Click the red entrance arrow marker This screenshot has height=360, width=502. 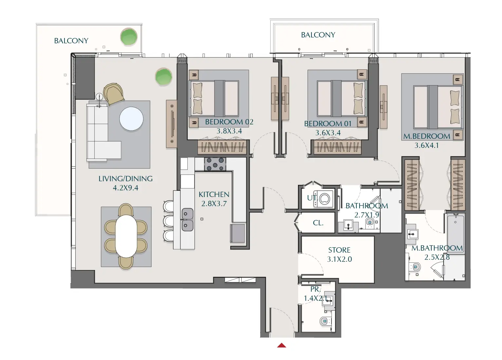pos(282,345)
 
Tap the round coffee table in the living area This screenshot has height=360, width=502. pos(131,119)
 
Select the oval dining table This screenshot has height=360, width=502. pos(126,236)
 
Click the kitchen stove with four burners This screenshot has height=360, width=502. pos(215,164)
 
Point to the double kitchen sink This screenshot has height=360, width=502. pos(187,220)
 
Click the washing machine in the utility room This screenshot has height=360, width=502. pos(324,199)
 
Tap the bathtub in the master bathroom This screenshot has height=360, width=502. pos(456,229)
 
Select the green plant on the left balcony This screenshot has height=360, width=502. pos(129,37)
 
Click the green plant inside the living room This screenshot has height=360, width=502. pos(163,77)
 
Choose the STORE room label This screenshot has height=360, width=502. pos(339,250)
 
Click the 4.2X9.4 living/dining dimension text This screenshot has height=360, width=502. pos(125,188)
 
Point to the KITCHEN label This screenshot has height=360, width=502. pos(214,194)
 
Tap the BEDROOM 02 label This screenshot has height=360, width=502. pos(229,122)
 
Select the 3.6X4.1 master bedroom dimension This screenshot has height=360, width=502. pos(426,146)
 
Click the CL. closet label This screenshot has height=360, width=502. pos(318,223)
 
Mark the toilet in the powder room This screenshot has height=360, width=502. pos(324,321)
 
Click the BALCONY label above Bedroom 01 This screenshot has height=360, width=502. pos(318,35)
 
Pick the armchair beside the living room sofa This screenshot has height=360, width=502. pos(114,93)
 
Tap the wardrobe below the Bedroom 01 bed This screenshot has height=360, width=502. pos(337,147)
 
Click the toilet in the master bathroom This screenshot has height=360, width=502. pos(416,267)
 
